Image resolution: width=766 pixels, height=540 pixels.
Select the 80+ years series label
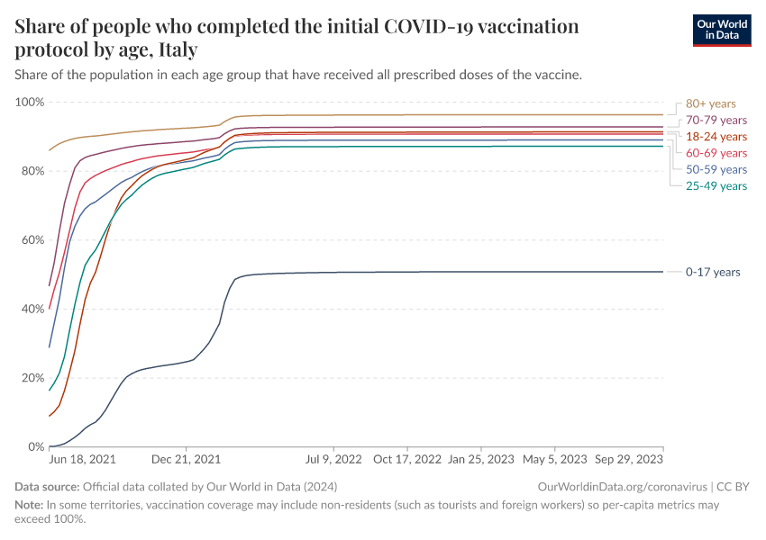pyautogui.click(x=711, y=103)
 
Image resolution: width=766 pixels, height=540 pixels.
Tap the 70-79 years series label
pyautogui.click(x=716, y=120)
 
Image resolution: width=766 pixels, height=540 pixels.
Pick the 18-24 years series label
pyautogui.click(x=716, y=137)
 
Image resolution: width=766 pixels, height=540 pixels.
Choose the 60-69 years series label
pyautogui.click(x=716, y=153)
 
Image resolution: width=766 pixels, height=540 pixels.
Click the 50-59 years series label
pyautogui.click(x=716, y=169)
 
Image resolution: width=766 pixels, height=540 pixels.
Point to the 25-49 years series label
pyautogui.click(x=716, y=185)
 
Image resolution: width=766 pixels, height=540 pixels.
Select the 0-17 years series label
pyautogui.click(x=713, y=272)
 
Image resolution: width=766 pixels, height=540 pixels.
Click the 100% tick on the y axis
pyautogui.click(x=29, y=102)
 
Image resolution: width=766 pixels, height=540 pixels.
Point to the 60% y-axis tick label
pyautogui.click(x=32, y=240)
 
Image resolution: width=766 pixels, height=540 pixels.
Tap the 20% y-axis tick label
pyautogui.click(x=32, y=378)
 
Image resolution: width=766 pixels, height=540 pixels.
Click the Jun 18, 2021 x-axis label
pyautogui.click(x=81, y=459)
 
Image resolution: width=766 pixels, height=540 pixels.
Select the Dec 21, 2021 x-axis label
pyautogui.click(x=187, y=459)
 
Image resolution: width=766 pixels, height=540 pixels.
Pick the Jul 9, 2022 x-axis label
pyautogui.click(x=335, y=459)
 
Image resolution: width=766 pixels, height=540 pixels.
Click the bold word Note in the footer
pyautogui.click(x=30, y=506)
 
